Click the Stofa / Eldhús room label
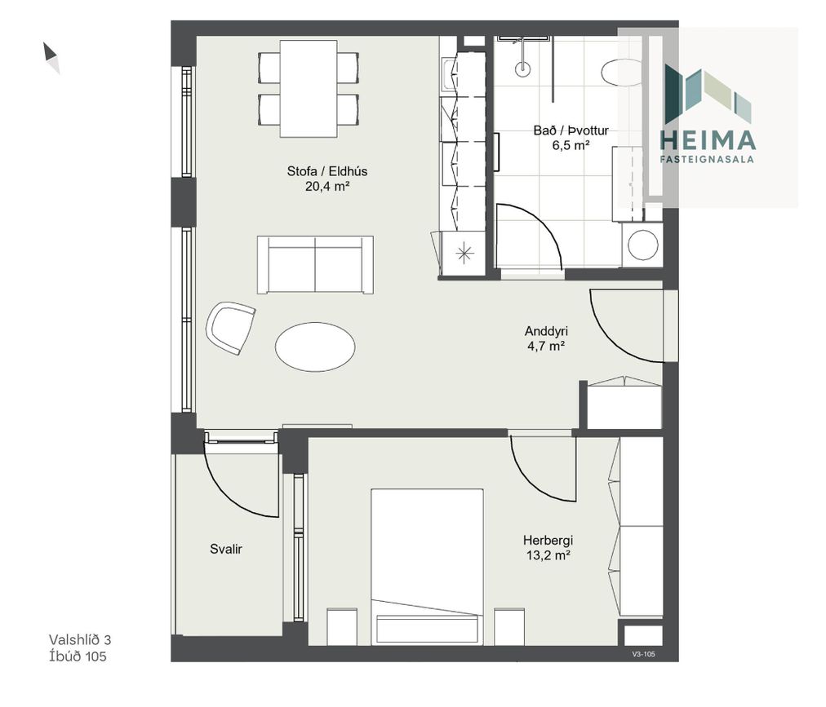326,171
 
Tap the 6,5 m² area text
571,145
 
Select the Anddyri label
546,331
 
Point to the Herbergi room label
548,540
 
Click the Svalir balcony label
226,549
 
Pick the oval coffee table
315,347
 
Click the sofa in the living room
315,264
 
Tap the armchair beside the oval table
230,328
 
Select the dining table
309,88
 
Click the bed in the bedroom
427,567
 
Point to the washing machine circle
643,245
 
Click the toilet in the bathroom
622,73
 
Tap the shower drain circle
522,68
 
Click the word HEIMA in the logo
708,140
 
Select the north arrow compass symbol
51,58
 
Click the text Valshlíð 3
80,639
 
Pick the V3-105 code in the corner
643,654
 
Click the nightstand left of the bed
342,626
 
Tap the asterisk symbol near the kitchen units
464,254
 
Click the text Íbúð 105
78,656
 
